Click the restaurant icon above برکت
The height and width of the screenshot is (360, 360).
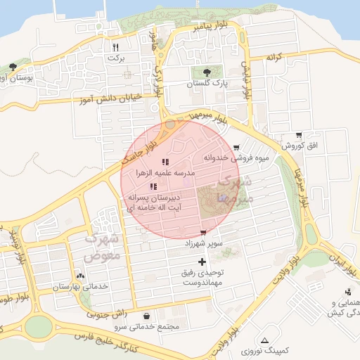pos(115,48)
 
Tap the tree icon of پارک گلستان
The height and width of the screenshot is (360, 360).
pos(205,72)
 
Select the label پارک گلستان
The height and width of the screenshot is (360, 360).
pos(205,83)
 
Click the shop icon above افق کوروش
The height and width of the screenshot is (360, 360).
pos(300,135)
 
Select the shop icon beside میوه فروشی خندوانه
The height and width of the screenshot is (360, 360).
pos(236,148)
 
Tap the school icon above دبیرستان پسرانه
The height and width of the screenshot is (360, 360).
pos(153,186)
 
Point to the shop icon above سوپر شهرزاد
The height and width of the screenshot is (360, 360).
pos(203,233)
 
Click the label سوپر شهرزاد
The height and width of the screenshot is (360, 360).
pos(203,243)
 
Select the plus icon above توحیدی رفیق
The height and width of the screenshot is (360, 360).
pos(203,262)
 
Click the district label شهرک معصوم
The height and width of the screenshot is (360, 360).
pos(103,247)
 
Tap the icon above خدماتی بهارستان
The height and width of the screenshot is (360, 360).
pos(79,276)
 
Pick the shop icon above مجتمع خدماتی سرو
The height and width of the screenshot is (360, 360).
pos(146,316)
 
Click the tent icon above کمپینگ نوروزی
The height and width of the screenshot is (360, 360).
pos(264,340)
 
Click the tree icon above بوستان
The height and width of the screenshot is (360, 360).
pos(13,67)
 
